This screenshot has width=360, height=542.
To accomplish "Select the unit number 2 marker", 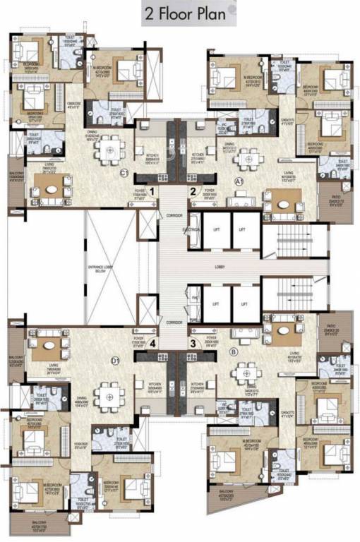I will tap(192, 191).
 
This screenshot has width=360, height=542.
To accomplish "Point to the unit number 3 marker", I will tap(191, 344).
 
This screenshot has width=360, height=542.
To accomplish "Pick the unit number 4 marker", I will tap(152, 344).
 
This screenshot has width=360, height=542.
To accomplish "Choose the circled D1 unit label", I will tap(125, 360).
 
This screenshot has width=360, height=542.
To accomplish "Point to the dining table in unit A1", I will tap(245, 158).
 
